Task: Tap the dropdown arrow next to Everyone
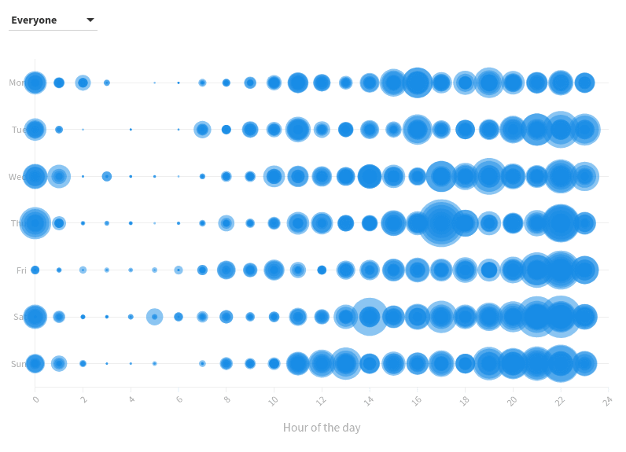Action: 90,20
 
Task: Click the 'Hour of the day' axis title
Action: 322,428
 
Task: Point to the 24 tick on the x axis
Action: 607,401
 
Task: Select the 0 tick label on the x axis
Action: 35,400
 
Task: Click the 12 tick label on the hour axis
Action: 321,401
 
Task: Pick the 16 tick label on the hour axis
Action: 416,401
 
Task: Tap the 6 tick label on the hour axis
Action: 179,400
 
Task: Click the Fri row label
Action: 21,270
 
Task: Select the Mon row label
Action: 17,83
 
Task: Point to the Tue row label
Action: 18,130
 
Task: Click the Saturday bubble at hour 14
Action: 370,317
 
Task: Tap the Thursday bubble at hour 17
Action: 441,223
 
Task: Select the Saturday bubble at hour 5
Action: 154,317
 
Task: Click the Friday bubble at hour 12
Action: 322,270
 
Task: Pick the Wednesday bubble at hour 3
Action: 107,177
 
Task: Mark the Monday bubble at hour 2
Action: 83,83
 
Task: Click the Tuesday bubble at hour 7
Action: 202,130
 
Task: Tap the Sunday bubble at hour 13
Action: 345,364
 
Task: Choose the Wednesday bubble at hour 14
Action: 370,177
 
